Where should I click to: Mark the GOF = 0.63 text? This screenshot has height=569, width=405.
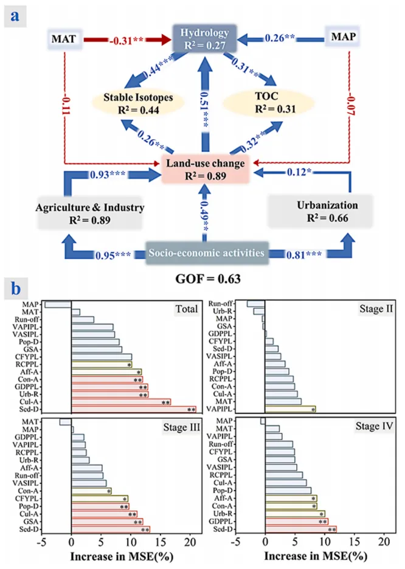(202, 279)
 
